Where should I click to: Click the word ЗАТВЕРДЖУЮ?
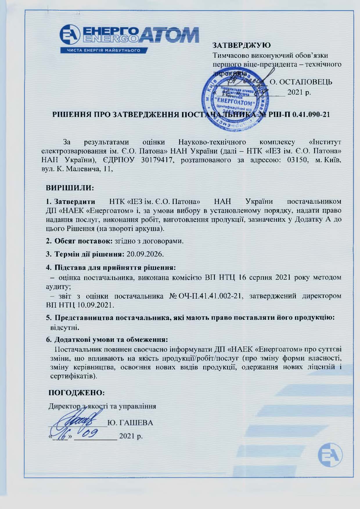(x=242, y=45)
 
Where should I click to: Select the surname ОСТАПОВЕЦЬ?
(x=301, y=82)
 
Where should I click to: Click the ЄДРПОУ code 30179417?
(x=157, y=160)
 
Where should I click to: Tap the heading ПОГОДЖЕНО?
(x=76, y=393)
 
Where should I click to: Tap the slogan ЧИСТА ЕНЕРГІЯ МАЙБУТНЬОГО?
(x=104, y=50)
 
